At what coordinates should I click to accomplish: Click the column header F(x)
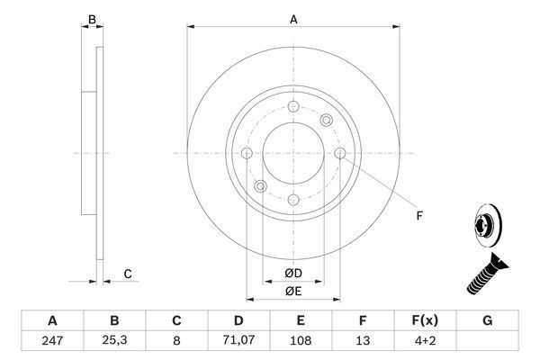(425, 320)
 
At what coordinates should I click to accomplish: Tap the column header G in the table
(487, 320)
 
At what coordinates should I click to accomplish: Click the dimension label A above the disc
(293, 18)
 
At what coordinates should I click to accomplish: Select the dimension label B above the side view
(90, 18)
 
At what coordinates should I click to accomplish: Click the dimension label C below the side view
(128, 274)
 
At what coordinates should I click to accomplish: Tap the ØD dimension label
(293, 273)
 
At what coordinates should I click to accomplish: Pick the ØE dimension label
(293, 290)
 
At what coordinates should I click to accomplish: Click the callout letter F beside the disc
(418, 215)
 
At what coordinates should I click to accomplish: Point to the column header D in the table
(238, 320)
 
